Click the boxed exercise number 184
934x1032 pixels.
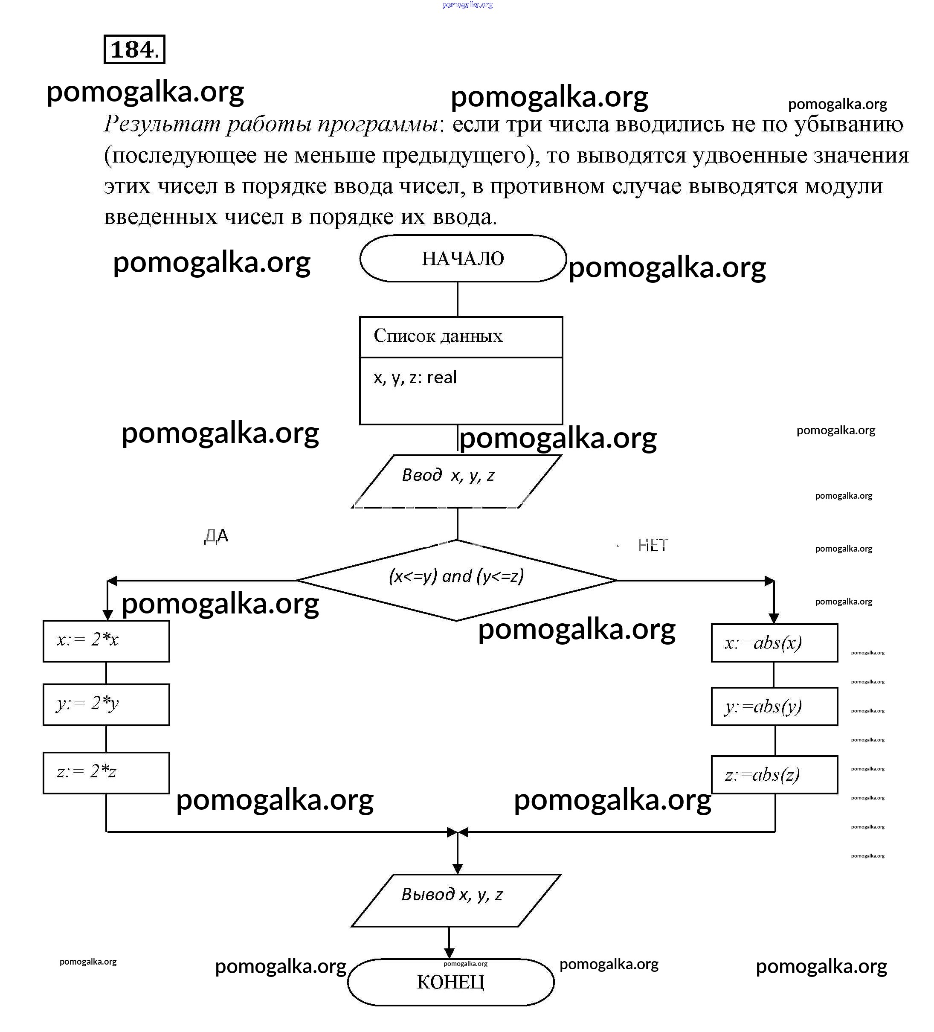[134, 49]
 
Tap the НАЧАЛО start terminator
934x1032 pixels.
[463, 259]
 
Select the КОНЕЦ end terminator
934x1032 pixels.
[450, 982]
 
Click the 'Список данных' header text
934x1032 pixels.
[438, 336]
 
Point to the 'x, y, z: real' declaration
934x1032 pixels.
[415, 377]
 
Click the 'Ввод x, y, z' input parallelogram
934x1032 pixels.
[455, 481]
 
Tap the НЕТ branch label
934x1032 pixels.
[653, 545]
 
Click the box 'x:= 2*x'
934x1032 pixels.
[106, 641]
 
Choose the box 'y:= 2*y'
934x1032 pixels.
[106, 704]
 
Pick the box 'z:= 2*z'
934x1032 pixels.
[106, 773]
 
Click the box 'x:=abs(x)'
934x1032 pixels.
[774, 643]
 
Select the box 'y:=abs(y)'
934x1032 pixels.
[774, 706]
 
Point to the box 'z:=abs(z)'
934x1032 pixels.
[774, 774]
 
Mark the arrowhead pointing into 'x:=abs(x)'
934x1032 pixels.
[774, 618]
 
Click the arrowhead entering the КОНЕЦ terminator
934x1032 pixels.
[449, 954]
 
